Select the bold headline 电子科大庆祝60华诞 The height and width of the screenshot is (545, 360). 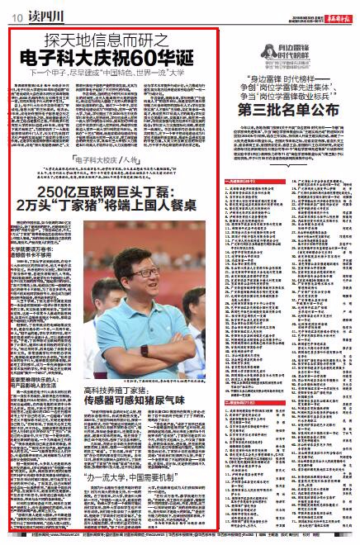[113, 58]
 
